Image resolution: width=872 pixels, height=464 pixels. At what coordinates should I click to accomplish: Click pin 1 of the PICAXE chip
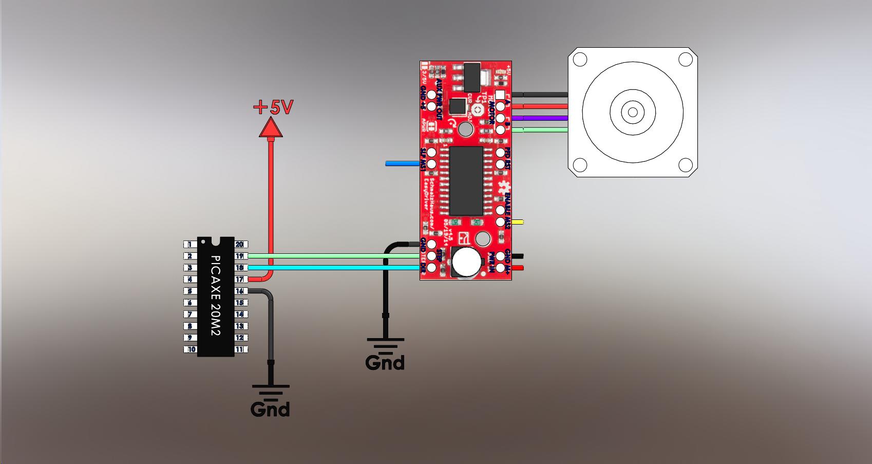tap(190, 244)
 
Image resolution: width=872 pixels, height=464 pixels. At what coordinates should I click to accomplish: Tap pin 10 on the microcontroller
tap(190, 349)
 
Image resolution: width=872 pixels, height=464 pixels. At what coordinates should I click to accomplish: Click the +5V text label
tap(273, 107)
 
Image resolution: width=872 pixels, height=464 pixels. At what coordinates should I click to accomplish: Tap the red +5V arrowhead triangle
tap(271, 128)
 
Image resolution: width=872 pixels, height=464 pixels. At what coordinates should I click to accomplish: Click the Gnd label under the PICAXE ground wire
tap(270, 409)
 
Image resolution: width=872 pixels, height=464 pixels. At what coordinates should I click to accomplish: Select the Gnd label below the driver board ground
tap(385, 362)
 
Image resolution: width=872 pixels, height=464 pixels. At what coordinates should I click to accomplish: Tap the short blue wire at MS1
tap(403, 164)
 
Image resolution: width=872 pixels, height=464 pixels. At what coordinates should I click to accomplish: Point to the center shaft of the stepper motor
tap(632, 112)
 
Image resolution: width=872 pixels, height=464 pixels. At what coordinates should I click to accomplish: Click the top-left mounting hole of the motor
tap(580, 60)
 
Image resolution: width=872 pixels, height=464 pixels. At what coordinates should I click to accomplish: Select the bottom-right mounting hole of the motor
tap(685, 165)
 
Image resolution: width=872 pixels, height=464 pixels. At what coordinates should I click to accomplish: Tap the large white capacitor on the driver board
tap(466, 261)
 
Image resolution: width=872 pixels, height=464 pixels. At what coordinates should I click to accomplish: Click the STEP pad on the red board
tap(431, 255)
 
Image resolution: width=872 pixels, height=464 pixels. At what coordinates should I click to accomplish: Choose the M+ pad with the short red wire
tap(501, 268)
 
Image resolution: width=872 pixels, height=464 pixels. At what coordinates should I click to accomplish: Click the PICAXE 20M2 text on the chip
tap(216, 296)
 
